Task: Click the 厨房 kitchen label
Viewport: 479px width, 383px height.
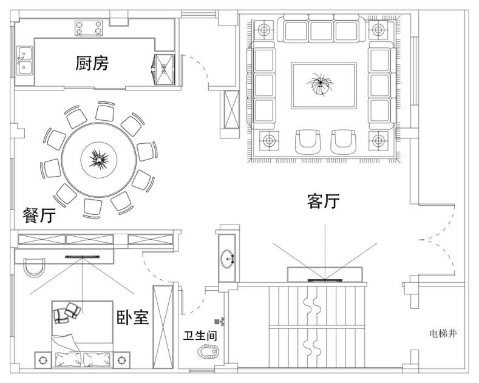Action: pos(92,63)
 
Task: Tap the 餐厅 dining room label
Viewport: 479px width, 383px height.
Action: pos(39,215)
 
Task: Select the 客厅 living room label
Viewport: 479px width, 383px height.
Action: pos(323,201)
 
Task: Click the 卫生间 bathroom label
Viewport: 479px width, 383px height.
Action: pos(200,335)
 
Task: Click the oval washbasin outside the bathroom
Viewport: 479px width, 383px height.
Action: pos(229,259)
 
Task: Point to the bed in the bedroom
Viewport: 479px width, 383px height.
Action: pos(82,334)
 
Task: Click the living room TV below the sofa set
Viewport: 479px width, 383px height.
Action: pos(325,280)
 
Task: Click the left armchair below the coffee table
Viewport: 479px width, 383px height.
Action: pos(308,141)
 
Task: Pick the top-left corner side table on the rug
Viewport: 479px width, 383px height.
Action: pos(265,30)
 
